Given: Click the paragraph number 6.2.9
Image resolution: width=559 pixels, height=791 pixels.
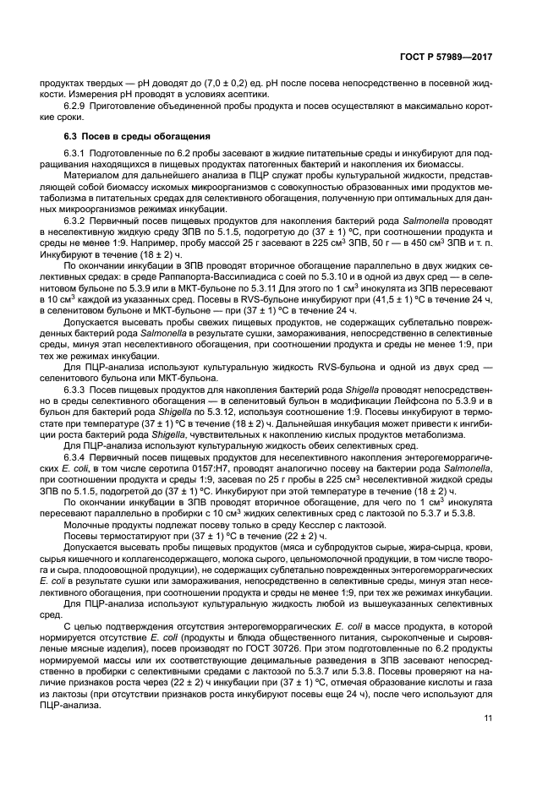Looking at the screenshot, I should (x=78, y=106).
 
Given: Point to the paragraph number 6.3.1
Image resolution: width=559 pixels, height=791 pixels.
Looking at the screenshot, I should (x=78, y=153).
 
